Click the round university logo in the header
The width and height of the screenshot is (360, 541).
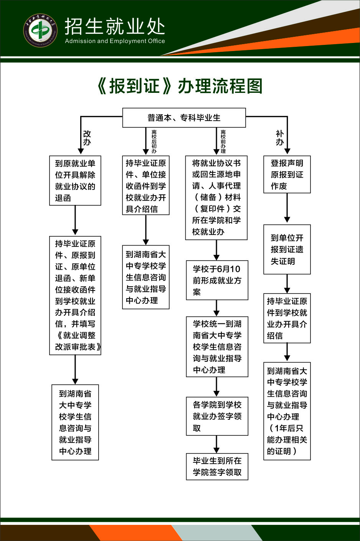(40, 31)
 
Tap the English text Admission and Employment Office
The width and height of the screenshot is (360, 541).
(115, 41)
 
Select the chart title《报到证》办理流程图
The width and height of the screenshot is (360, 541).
(180, 86)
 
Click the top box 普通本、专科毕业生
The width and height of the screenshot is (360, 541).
(184, 118)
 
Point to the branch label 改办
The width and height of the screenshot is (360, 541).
(87, 138)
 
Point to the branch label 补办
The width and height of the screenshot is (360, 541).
(280, 138)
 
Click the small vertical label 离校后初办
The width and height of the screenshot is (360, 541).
(154, 141)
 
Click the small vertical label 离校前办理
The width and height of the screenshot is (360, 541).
(223, 141)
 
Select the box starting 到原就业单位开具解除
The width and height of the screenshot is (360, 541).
(75, 180)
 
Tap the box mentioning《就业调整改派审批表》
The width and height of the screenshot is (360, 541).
(75, 295)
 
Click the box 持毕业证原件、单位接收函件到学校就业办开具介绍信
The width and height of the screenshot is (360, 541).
(146, 186)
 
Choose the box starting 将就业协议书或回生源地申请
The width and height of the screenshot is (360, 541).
(216, 198)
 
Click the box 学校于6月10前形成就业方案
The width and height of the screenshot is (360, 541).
(217, 280)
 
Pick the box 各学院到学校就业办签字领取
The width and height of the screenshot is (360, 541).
(217, 416)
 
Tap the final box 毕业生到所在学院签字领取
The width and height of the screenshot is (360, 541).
(217, 467)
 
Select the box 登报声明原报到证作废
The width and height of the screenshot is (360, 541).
(287, 175)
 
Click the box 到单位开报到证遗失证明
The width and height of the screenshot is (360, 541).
(287, 249)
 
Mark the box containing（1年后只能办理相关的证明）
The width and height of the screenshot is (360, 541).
(287, 411)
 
